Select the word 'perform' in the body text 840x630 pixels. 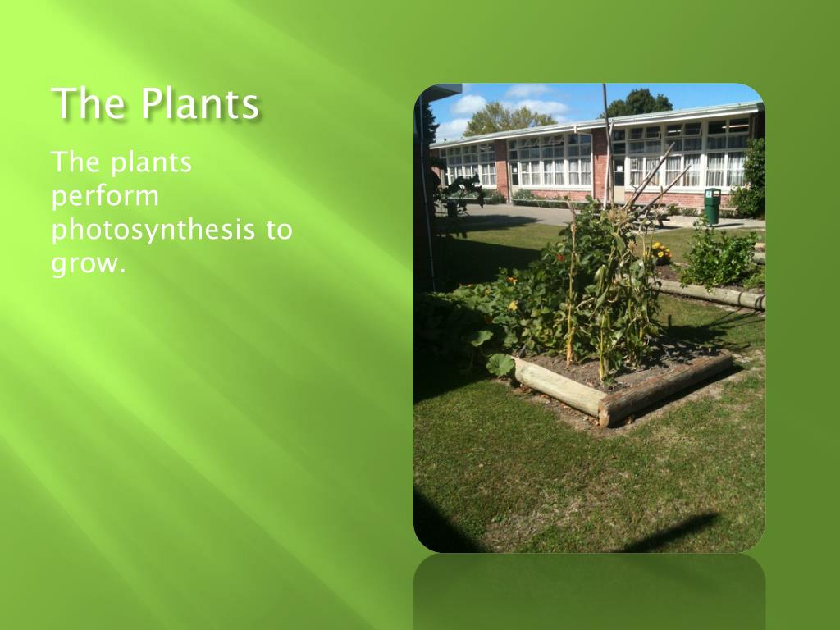click(105, 197)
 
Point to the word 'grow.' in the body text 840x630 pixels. click(89, 264)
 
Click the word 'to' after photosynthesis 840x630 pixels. click(279, 230)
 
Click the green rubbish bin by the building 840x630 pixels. click(712, 206)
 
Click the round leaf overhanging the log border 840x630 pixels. click(500, 364)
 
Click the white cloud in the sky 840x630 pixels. click(468, 104)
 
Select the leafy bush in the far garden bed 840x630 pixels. click(718, 258)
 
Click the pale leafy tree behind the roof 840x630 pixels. click(504, 120)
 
